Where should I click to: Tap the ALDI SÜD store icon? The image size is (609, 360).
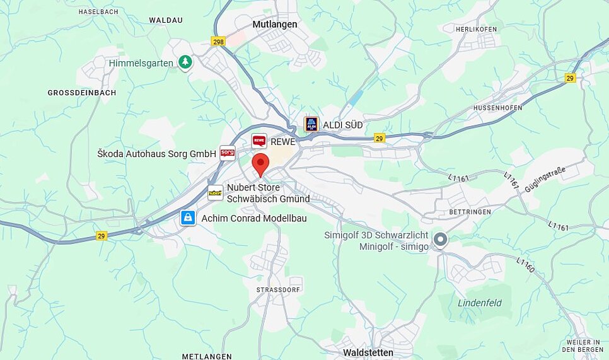click(x=311, y=124)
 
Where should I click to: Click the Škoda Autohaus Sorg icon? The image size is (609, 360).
click(x=227, y=153)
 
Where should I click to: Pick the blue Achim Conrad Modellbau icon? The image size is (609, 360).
click(x=188, y=218)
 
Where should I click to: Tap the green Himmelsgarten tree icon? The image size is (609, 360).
click(x=185, y=62)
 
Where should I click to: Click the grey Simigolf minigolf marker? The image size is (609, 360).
click(x=441, y=240)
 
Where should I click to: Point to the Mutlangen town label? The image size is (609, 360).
click(x=274, y=25)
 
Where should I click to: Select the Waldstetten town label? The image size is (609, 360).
click(x=368, y=352)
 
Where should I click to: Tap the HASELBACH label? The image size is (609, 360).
click(x=98, y=12)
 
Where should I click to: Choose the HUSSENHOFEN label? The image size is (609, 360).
click(x=498, y=108)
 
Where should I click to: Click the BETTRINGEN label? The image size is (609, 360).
click(x=470, y=212)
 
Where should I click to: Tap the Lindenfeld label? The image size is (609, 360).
click(x=480, y=303)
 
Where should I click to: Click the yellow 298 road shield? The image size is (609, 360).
click(x=218, y=41)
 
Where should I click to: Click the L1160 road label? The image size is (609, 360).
click(x=525, y=265)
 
